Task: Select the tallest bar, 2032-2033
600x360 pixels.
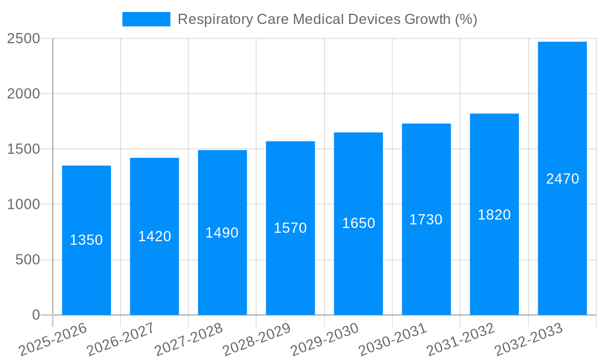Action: (562, 240)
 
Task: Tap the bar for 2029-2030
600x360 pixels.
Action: (358, 270)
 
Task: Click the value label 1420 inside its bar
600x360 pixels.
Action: (154, 236)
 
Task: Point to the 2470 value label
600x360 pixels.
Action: (562, 179)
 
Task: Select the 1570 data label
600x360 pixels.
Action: (290, 228)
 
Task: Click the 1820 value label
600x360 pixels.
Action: (494, 215)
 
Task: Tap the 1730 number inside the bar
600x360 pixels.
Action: (426, 220)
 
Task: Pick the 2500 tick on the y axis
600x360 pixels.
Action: (23, 39)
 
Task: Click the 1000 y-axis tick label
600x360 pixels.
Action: (23, 205)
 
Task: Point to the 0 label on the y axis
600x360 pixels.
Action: (35, 315)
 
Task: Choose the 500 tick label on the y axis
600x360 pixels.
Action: (28, 260)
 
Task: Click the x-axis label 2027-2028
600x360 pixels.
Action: (189, 339)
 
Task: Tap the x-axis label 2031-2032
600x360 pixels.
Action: (461, 339)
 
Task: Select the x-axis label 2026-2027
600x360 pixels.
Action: (121, 339)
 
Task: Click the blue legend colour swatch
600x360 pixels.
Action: (146, 19)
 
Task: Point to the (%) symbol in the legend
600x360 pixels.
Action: (466, 19)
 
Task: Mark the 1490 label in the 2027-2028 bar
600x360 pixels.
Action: (222, 233)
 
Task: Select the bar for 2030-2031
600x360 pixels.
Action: (426, 270)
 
